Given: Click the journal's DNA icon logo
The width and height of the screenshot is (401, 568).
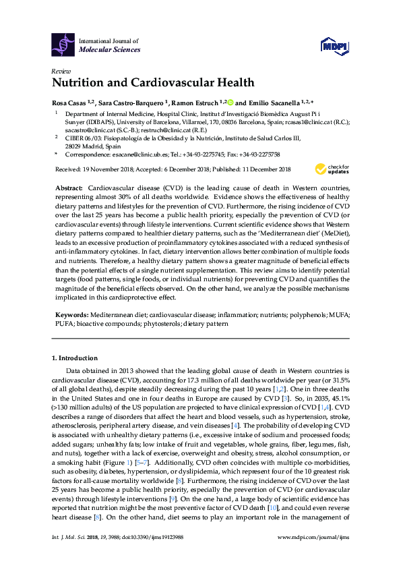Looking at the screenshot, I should pyautogui.click(x=63, y=45).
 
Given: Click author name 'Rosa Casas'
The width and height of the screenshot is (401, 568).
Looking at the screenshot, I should pyautogui.click(x=67, y=103).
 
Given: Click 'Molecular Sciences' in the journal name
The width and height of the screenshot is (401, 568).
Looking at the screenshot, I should pyautogui.click(x=109, y=49).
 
